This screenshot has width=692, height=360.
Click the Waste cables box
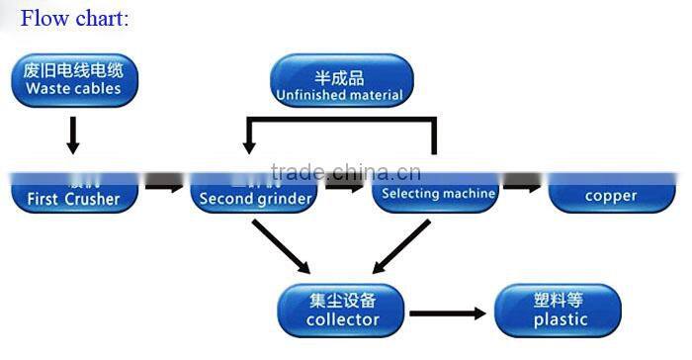click(73, 80)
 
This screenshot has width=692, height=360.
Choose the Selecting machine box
click(437, 191)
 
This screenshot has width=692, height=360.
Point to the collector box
click(342, 309)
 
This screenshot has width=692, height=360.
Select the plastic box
click(559, 309)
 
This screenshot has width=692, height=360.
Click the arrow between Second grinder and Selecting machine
click(345, 185)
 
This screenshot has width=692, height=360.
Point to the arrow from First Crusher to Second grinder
click(164, 185)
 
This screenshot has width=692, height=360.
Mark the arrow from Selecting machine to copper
click(524, 185)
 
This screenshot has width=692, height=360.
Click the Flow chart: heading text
click(75, 18)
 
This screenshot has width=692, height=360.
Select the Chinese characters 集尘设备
click(342, 298)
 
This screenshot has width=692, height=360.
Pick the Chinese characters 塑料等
click(559, 298)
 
